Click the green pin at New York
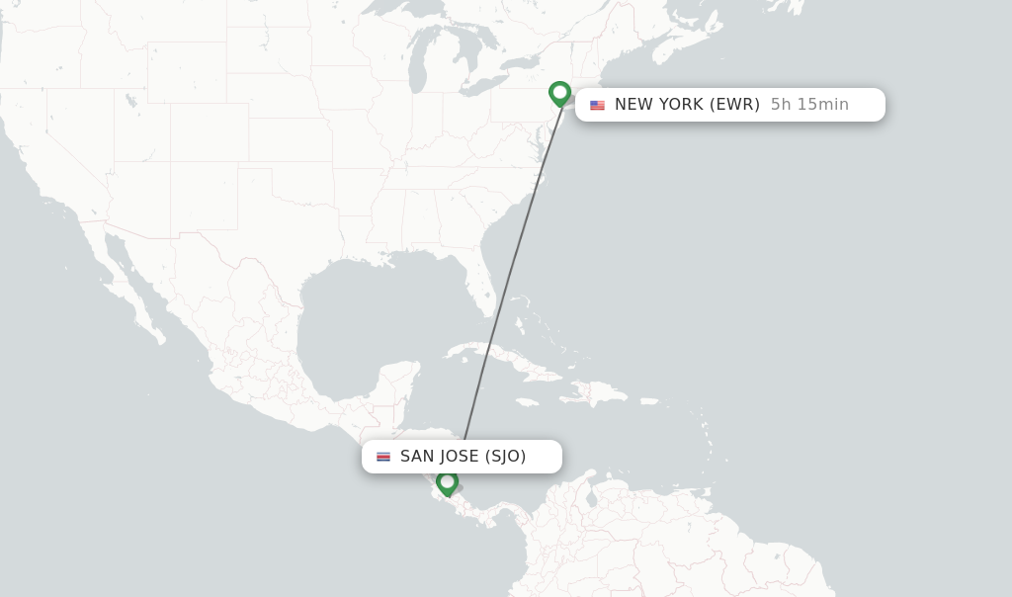[x=560, y=94]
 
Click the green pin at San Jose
[x=447, y=482]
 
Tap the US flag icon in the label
[x=597, y=105]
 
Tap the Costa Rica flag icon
[x=383, y=457]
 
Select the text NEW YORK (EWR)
[x=687, y=105]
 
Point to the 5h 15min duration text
[x=809, y=105]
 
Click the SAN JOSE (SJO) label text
[x=463, y=457]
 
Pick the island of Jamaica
[x=527, y=402]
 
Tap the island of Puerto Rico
[x=648, y=401]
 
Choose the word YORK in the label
[x=681, y=105]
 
